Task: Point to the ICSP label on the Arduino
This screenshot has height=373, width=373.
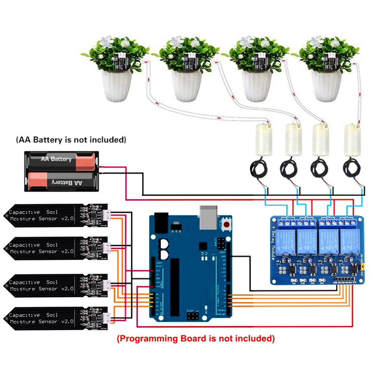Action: [189, 311]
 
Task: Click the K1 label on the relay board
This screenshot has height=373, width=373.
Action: [288, 217]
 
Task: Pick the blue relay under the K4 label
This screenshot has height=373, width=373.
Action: [347, 240]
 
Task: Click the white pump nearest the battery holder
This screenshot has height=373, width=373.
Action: [263, 140]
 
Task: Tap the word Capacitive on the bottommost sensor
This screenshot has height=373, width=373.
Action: [24, 315]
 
